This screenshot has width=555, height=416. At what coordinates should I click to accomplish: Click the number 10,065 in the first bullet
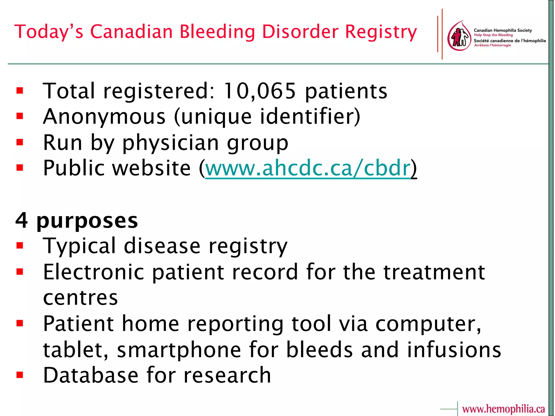coord(259,91)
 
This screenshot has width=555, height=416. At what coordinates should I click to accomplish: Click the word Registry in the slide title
coord(381,32)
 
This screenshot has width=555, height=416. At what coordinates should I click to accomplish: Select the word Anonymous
coord(104,117)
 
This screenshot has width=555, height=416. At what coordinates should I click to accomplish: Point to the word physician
coord(170,143)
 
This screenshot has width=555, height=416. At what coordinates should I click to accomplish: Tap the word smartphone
coord(179,350)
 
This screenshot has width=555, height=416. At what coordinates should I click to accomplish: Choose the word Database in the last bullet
coord(91,375)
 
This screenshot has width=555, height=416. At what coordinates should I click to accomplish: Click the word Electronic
coord(93,272)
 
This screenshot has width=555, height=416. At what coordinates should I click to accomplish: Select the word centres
coord(80,298)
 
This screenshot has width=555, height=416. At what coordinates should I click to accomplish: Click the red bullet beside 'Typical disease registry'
coord(20,246)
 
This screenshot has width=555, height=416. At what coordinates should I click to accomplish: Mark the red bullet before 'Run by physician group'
coord(20,142)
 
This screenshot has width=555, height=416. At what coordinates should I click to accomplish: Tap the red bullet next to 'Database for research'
coord(20,375)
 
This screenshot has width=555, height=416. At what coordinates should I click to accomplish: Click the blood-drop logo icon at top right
coord(459,36)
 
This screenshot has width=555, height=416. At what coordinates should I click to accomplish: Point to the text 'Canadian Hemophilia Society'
coord(503,30)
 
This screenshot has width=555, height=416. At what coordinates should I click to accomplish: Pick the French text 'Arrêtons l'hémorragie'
coord(492,45)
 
